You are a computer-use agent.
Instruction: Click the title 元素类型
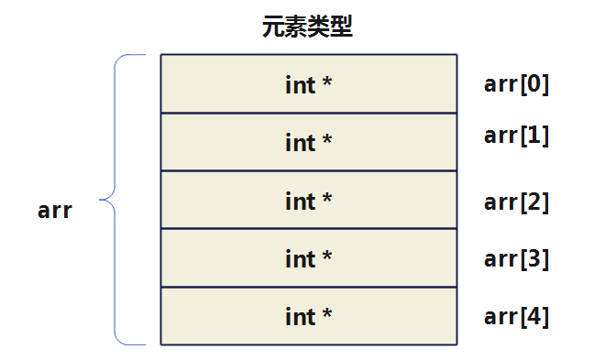pyautogui.click(x=307, y=27)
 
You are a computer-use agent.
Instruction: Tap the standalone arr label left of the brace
pyautogui.click(x=55, y=211)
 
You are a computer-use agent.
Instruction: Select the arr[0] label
pyautogui.click(x=516, y=85)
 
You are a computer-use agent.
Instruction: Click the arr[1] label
pyautogui.click(x=516, y=136)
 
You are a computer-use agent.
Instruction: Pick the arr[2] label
pyautogui.click(x=516, y=202)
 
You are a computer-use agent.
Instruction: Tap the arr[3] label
pyautogui.click(x=516, y=259)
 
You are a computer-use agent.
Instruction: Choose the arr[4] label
pyautogui.click(x=516, y=317)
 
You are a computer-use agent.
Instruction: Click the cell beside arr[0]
pyautogui.click(x=308, y=84)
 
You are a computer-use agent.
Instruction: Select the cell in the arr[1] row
pyautogui.click(x=308, y=142)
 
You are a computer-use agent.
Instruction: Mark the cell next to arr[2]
pyautogui.click(x=308, y=201)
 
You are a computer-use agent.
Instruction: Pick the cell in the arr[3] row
pyautogui.click(x=308, y=258)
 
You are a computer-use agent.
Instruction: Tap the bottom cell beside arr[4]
pyautogui.click(x=308, y=316)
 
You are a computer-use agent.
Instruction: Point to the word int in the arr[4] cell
pyautogui.click(x=300, y=317)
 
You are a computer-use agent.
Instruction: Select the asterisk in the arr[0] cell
pyautogui.click(x=326, y=83)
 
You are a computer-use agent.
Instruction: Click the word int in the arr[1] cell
pyautogui.click(x=300, y=143)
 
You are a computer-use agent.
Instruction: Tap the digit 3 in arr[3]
pyautogui.click(x=534, y=259)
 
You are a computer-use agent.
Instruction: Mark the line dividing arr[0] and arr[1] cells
pyautogui.click(x=308, y=113)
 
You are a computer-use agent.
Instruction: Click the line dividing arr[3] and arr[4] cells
pyautogui.click(x=308, y=287)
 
